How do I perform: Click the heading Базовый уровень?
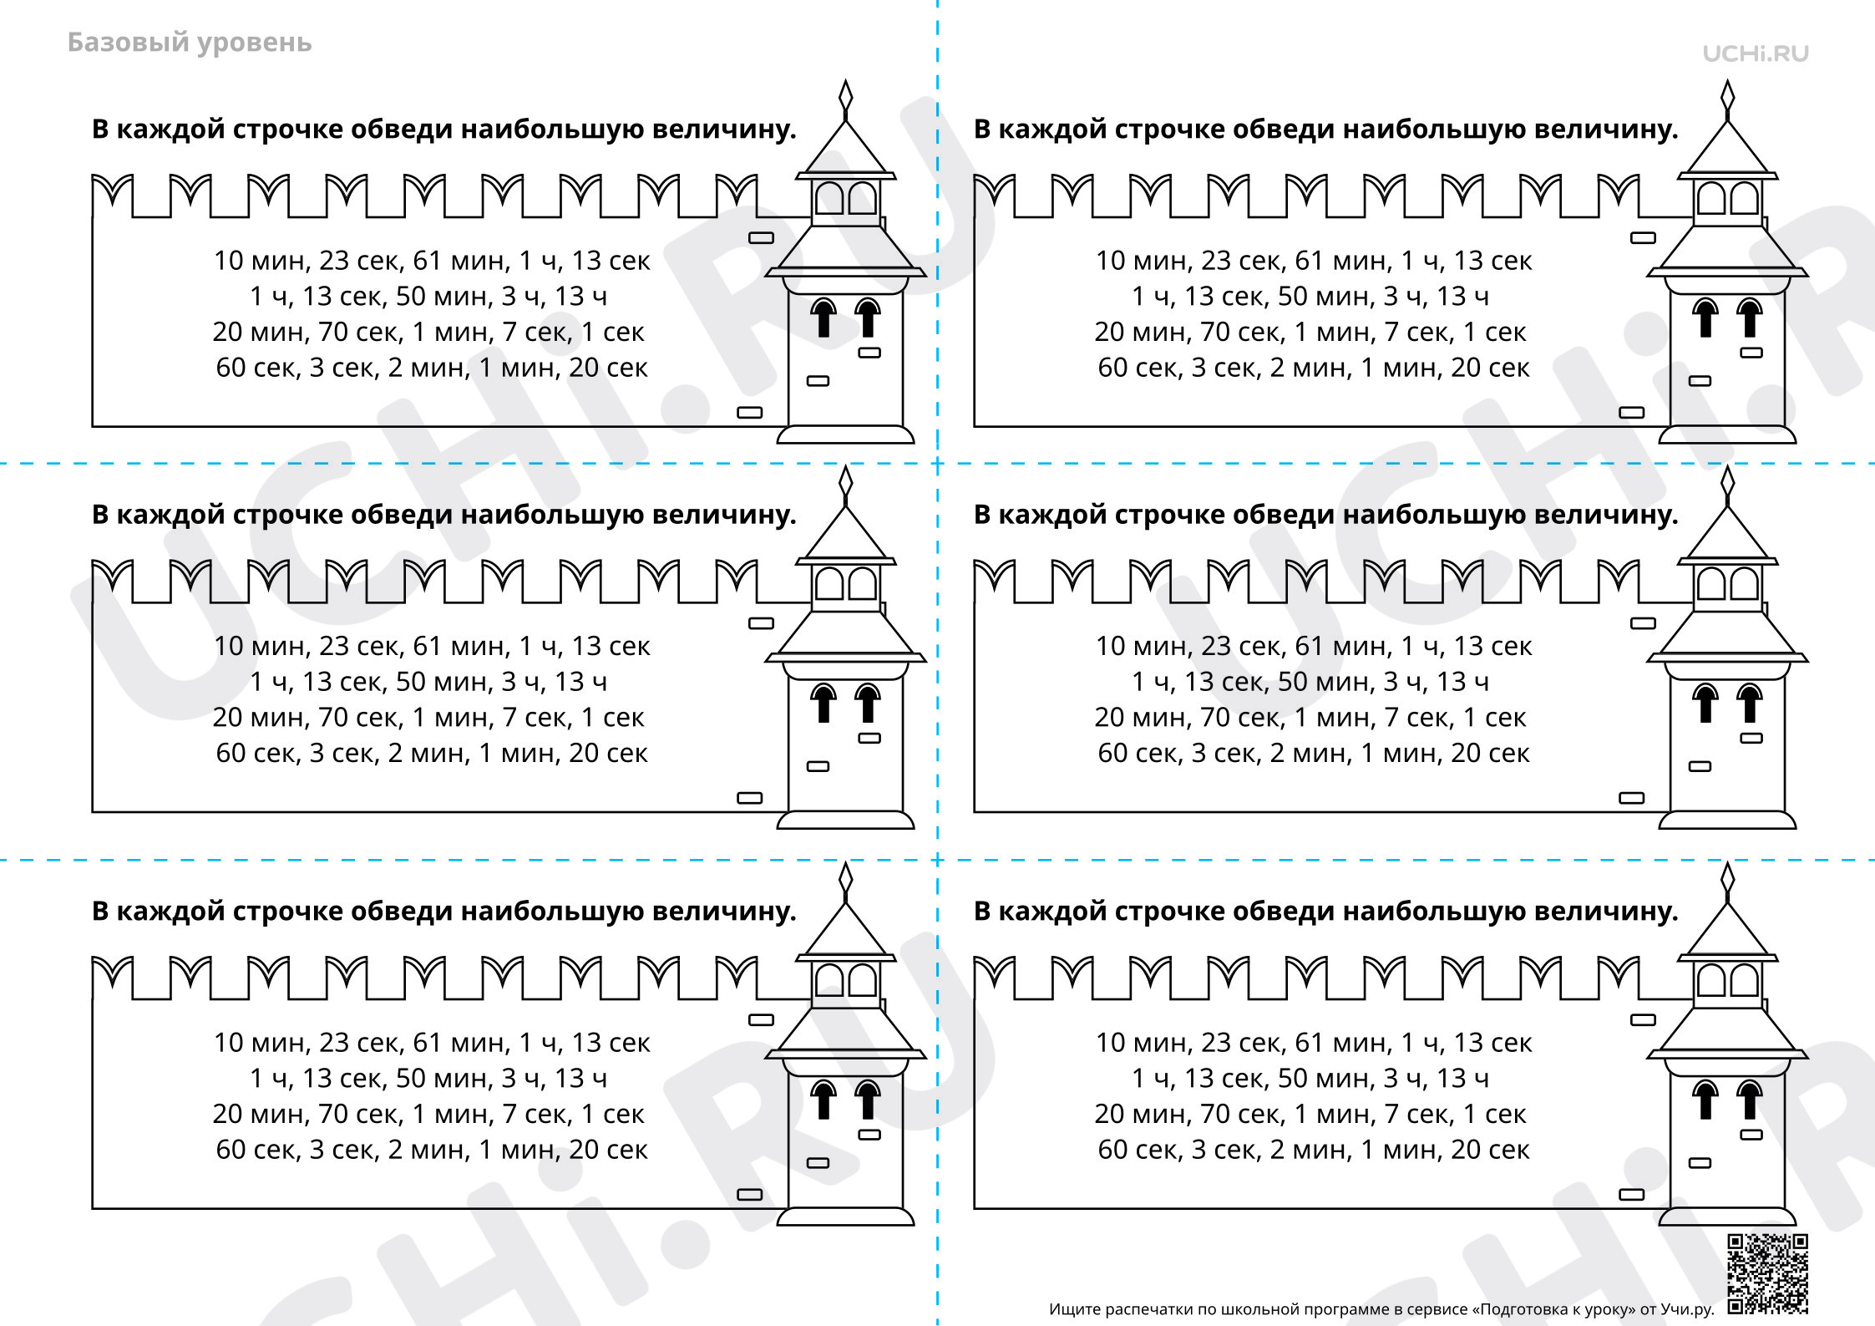point(190,43)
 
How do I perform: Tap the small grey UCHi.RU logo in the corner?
point(1756,53)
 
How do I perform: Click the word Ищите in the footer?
point(1074,1310)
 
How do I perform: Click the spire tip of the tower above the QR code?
point(1728,863)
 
